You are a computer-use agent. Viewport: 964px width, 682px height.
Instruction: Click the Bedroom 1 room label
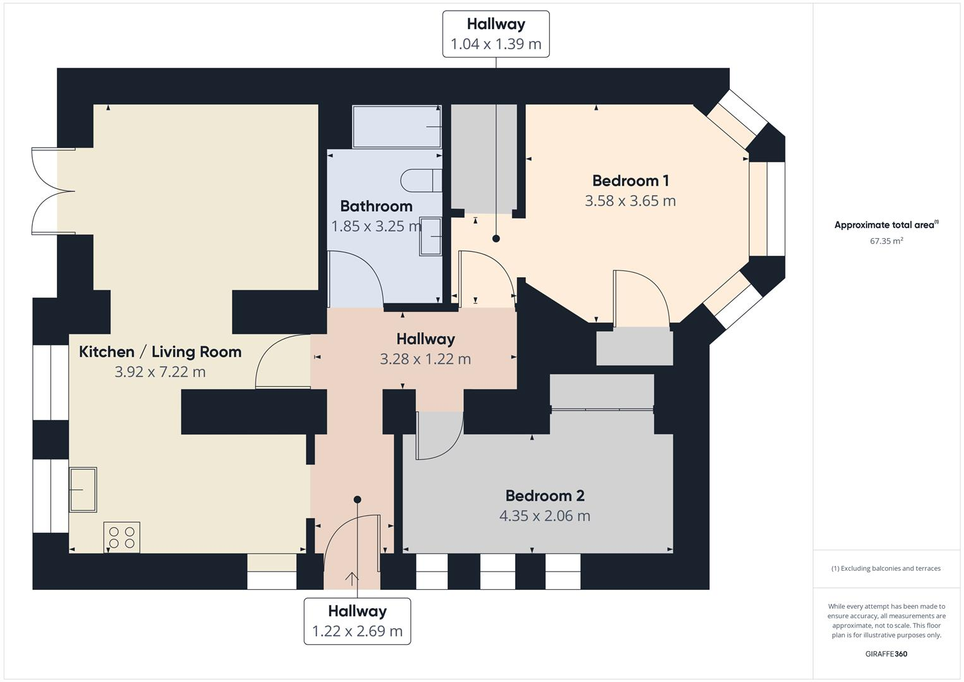pos(630,181)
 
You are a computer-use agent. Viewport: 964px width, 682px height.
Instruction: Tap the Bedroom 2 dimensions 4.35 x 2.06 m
pos(544,516)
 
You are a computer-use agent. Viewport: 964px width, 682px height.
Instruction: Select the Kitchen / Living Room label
pos(160,352)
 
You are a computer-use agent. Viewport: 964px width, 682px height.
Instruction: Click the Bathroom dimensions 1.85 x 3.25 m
pos(376,226)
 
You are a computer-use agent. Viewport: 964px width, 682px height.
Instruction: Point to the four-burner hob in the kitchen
pos(122,537)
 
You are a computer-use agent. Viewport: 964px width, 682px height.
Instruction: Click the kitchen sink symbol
pos(83,489)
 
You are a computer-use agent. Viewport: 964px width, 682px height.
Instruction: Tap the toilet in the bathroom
pos(420,181)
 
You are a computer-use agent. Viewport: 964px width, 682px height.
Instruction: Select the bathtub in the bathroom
pos(396,126)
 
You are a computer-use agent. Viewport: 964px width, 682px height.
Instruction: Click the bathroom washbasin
pos(431,236)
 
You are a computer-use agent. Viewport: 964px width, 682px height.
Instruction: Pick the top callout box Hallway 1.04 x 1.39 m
pos(496,34)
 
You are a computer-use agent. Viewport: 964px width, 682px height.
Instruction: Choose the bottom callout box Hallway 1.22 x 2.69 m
pos(357,621)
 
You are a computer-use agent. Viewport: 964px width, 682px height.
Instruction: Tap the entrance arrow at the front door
pos(352,578)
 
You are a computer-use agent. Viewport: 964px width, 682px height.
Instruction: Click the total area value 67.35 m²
pos(886,241)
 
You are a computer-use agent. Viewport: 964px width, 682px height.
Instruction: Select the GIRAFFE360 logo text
pos(886,654)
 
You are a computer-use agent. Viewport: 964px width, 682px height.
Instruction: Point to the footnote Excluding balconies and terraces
pos(886,568)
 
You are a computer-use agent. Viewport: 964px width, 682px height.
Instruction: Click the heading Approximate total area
pos(886,225)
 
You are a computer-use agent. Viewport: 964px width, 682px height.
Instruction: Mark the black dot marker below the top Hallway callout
pos(496,239)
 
